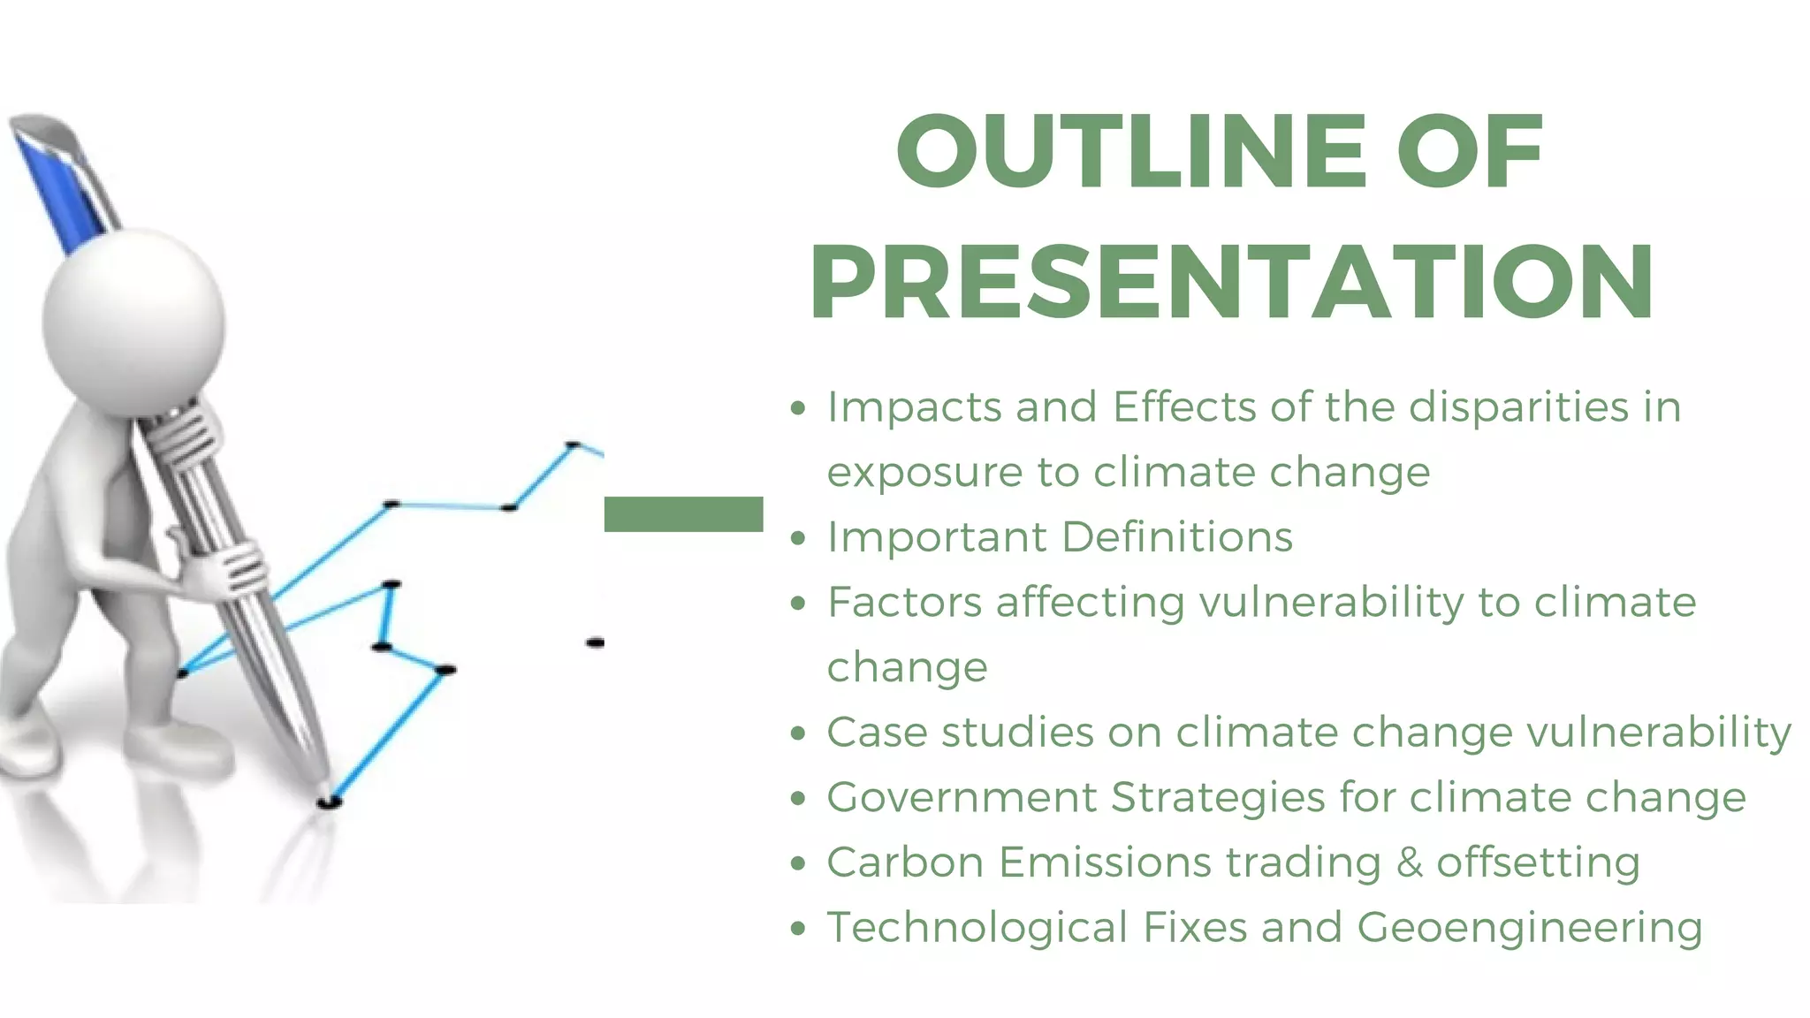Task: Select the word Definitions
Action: (x=1176, y=537)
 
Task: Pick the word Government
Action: (x=961, y=797)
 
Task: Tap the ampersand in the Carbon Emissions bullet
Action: (x=1410, y=862)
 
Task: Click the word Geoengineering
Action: (x=1529, y=928)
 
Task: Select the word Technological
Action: (x=977, y=928)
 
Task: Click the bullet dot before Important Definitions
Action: (x=799, y=538)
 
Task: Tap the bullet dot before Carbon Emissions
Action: (x=799, y=863)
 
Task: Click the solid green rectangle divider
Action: (x=683, y=514)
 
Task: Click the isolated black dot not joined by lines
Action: (x=595, y=642)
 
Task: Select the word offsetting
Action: (x=1538, y=862)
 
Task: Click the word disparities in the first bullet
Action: (x=1518, y=408)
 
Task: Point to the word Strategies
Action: (x=1217, y=797)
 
